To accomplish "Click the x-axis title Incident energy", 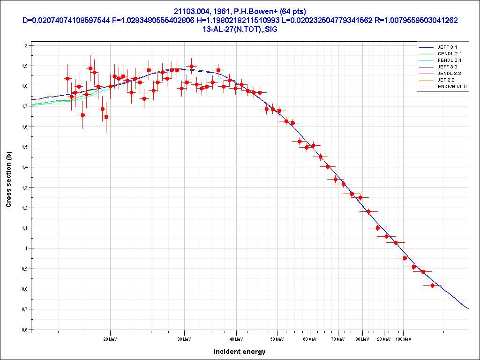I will tap(240, 352).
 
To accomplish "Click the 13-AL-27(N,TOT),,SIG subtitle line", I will tap(240, 29).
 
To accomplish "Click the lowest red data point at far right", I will tap(432, 285).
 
